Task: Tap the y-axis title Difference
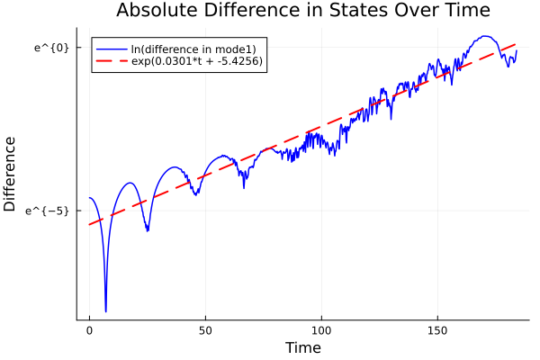pos(11,174)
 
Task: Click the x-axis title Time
pos(302,347)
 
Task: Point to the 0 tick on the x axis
pos(89,330)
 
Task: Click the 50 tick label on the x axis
pos(205,330)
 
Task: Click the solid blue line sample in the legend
pos(112,49)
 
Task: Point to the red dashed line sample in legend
pos(112,61)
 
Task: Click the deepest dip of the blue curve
pos(105,311)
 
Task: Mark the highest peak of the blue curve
pos(485,36)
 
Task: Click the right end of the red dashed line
pos(517,43)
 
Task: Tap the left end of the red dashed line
pos(89,224)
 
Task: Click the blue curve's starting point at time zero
pos(89,198)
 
